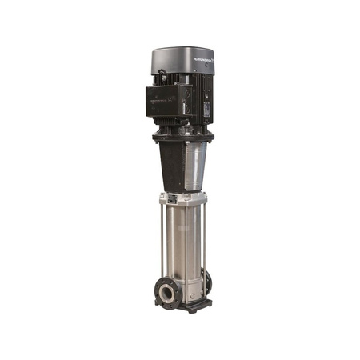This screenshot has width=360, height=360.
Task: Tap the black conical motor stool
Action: pos(170,164)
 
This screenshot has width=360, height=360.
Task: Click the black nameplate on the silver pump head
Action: pos(171,198)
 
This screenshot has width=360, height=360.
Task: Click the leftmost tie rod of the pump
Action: pos(162,240)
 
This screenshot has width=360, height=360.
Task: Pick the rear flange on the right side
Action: pos(208,282)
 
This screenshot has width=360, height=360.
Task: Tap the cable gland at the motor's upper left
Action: pos(160,77)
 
